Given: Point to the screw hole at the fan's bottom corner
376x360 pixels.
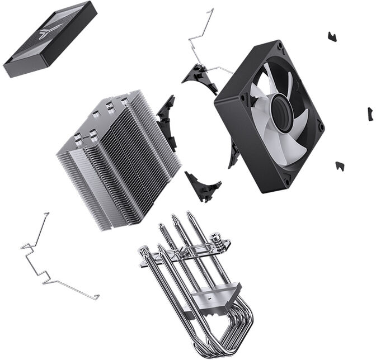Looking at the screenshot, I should pyautogui.click(x=286, y=182).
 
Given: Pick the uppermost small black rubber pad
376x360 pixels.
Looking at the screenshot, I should pyautogui.click(x=332, y=37).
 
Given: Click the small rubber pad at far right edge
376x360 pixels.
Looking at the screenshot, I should pyautogui.click(x=370, y=114).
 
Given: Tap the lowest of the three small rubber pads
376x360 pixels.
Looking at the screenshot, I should pyautogui.click(x=340, y=166).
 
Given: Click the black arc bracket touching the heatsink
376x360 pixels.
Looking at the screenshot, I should pyautogui.click(x=167, y=120).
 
